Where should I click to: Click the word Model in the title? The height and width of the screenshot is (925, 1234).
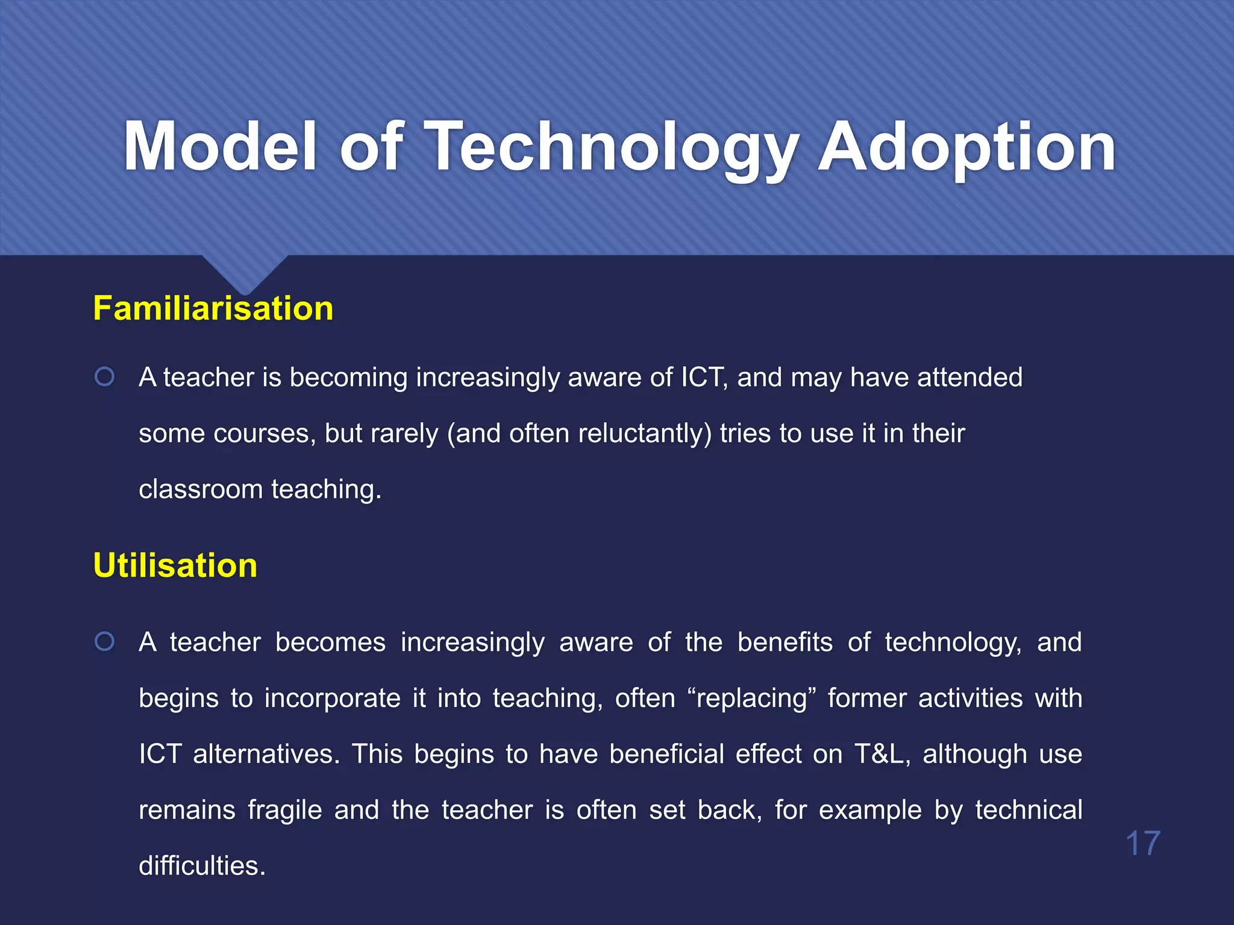click(x=221, y=146)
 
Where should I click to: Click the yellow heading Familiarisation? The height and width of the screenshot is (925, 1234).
click(x=213, y=308)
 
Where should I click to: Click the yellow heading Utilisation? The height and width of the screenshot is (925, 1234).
click(x=175, y=565)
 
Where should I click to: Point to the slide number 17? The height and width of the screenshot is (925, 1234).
click(x=1142, y=843)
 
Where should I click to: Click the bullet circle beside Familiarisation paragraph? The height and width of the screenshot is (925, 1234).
click(x=105, y=377)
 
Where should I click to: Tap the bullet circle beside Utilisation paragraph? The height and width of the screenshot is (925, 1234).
click(x=105, y=641)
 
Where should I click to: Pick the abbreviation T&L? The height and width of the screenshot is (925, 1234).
click(x=879, y=754)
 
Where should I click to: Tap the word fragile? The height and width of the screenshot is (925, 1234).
click(x=284, y=811)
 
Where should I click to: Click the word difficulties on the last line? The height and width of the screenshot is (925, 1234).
click(x=202, y=866)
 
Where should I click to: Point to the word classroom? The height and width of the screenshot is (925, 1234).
click(x=200, y=489)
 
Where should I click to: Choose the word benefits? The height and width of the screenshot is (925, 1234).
click(x=785, y=642)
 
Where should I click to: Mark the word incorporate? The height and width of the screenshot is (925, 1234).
click(x=332, y=699)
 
